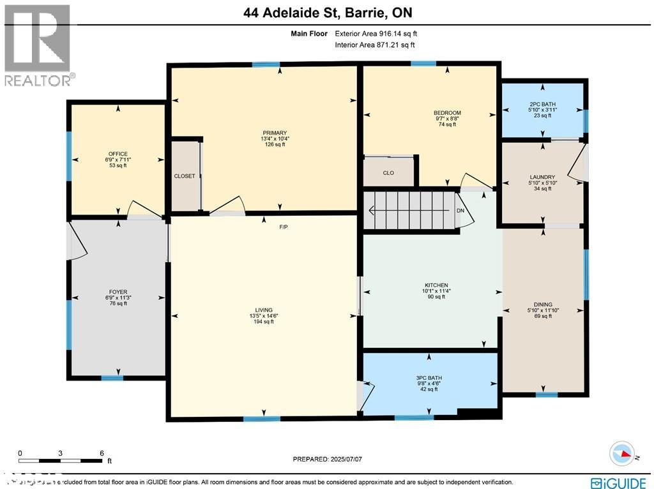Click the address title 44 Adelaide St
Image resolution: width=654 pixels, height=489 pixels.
(326, 13)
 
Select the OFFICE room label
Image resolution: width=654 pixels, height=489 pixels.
(118, 154)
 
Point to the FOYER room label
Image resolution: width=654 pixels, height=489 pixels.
(118, 292)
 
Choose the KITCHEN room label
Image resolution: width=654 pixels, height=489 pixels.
(436, 285)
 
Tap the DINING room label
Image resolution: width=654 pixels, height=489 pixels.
(543, 305)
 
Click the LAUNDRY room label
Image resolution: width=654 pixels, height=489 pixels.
(542, 177)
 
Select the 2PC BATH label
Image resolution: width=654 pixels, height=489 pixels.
(542, 104)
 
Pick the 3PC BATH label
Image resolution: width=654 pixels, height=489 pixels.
(429, 377)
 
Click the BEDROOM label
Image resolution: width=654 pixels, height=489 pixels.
(446, 113)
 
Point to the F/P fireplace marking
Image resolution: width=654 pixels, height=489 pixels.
(283, 227)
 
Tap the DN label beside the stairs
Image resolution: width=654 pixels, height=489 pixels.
(459, 211)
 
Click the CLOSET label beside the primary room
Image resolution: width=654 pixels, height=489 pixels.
(185, 176)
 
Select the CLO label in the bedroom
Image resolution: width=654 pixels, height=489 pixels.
(388, 172)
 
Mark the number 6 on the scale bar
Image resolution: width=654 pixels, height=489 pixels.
(102, 453)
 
